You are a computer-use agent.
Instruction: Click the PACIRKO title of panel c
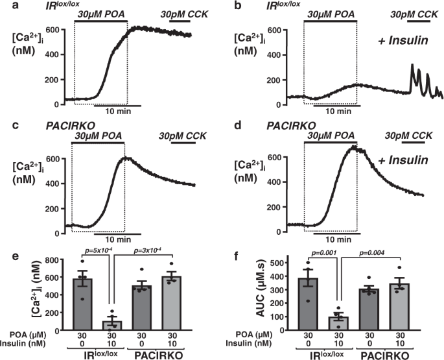pyautogui.click(x=39, y=123)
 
